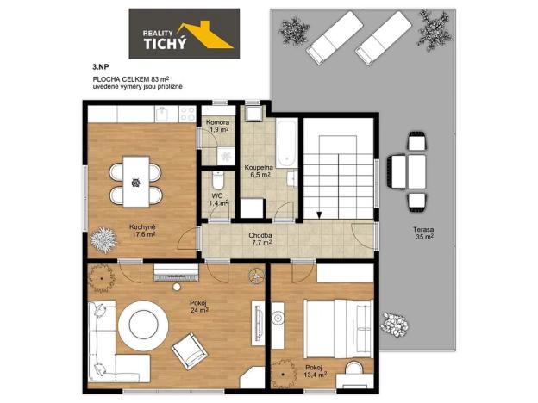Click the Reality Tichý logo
(185, 34)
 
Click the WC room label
(218, 199)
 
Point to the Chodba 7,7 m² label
(261, 239)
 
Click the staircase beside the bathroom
(340, 172)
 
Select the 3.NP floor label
(100, 65)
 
